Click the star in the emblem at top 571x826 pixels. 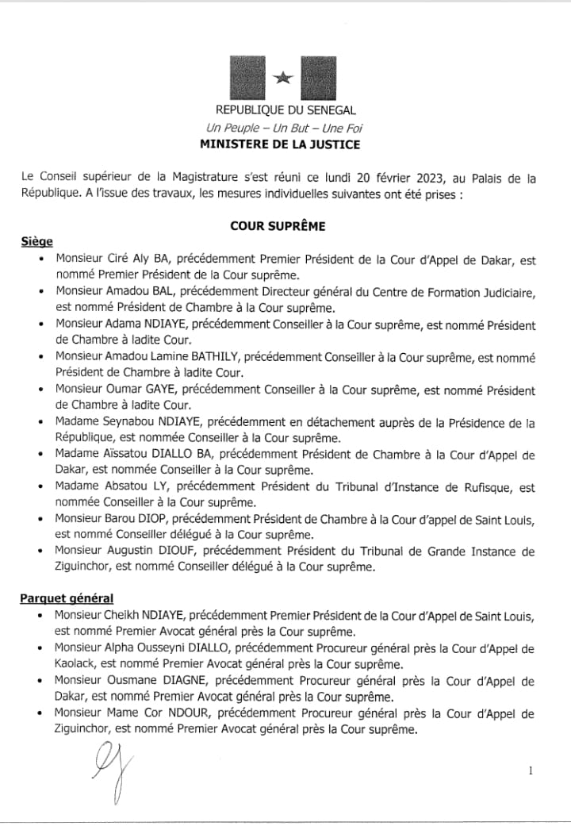pyautogui.click(x=283, y=78)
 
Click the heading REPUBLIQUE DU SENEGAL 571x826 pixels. pyautogui.click(x=285, y=111)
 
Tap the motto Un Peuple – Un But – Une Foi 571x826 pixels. pyautogui.click(x=285, y=128)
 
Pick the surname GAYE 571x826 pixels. pyautogui.click(x=163, y=391)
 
